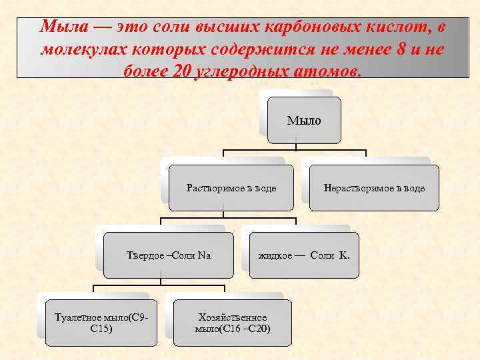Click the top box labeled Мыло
pos(304,121)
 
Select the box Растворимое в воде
pos(231,188)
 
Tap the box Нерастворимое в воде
pos(373,188)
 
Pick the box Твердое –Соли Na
pos(169,255)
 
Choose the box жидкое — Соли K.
pos(304,255)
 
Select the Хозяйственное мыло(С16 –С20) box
pos(233,323)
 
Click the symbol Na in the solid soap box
pos(204,255)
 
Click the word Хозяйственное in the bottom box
pos(233,317)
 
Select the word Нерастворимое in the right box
pos(354,188)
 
